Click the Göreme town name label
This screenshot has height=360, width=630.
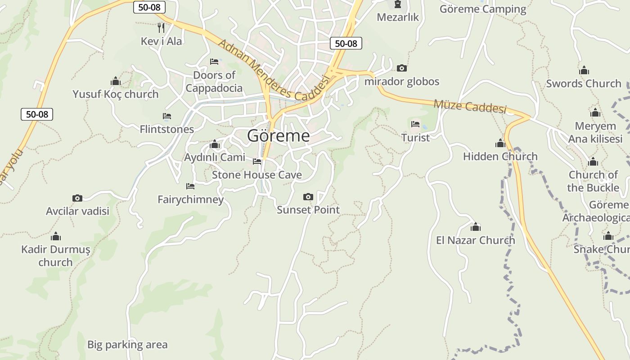tap(279, 135)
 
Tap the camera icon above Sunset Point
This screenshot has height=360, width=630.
tap(308, 197)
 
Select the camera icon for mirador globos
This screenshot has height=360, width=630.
tap(402, 68)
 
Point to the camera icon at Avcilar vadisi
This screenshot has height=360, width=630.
tap(77, 198)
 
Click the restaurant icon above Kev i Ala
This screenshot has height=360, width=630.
tap(161, 28)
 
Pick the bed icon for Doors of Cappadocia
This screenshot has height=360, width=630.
tap(214, 61)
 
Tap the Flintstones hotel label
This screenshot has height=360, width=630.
tap(166, 129)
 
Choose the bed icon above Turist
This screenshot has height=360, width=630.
tap(415, 124)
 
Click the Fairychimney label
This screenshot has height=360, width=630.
tap(190, 199)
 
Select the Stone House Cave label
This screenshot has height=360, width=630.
tap(256, 175)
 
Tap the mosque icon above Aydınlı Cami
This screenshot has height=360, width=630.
tap(215, 144)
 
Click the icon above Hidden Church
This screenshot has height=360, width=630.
tap(500, 144)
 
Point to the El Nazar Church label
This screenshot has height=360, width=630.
tap(475, 240)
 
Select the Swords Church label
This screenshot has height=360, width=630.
tap(583, 83)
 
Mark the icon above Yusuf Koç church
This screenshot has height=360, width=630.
tap(116, 81)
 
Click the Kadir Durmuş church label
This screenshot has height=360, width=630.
tap(55, 256)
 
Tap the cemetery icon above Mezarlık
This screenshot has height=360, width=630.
tap(398, 4)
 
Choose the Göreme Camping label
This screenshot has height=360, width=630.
tap(482, 9)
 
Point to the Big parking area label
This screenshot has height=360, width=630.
tap(127, 345)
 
